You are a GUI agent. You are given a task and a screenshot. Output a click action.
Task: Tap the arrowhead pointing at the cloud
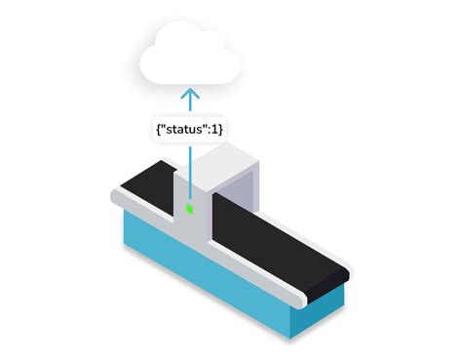190,95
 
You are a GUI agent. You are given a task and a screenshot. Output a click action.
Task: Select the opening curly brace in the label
155,128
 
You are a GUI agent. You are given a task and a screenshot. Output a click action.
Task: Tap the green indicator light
191,208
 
